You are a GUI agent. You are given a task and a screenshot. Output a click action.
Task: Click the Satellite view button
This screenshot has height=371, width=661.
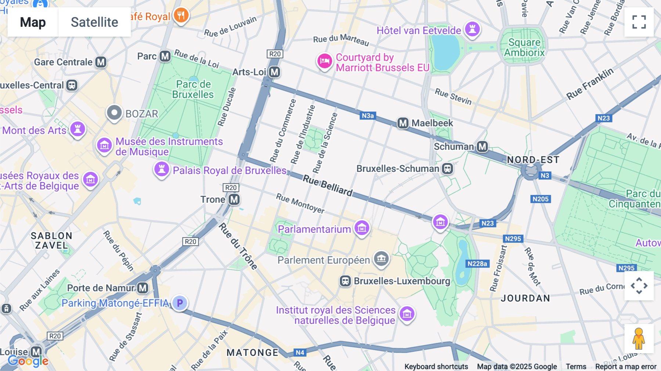(x=94, y=22)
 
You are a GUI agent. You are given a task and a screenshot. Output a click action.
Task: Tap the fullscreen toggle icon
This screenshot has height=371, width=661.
(x=639, y=22)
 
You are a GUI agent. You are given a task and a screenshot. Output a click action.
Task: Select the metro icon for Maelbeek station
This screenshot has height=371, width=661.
(x=403, y=123)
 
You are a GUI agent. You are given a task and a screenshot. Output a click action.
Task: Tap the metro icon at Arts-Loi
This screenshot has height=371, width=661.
(x=274, y=72)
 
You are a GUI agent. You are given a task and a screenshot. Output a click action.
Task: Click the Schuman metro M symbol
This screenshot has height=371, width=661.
(x=482, y=147)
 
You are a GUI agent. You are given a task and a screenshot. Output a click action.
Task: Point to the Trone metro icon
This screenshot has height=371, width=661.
(x=234, y=199)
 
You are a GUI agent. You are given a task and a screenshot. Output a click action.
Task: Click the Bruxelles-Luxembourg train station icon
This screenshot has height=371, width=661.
(x=345, y=281)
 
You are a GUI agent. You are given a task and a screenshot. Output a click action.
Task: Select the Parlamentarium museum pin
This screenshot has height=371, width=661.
(x=362, y=228)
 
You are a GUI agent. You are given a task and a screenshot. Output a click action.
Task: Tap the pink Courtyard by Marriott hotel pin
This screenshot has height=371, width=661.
(x=325, y=61)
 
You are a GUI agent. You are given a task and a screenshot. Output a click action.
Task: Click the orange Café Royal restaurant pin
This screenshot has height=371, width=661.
(x=181, y=15)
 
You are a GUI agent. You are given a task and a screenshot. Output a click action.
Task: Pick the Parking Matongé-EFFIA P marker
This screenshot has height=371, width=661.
(x=180, y=303)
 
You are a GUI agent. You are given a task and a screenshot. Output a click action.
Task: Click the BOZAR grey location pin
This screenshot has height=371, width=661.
(x=114, y=113)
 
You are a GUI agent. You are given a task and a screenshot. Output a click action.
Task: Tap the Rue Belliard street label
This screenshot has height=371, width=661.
(x=327, y=185)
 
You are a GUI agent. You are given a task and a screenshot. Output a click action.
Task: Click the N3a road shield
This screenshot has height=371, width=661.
(x=368, y=116)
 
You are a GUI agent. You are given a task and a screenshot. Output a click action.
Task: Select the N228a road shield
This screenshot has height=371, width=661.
(x=477, y=264)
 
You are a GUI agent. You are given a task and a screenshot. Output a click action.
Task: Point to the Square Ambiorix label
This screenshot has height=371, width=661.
(x=524, y=48)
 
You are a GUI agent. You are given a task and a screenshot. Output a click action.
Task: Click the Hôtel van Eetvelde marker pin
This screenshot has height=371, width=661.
(x=472, y=29)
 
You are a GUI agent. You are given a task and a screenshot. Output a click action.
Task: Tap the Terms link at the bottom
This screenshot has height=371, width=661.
(x=576, y=366)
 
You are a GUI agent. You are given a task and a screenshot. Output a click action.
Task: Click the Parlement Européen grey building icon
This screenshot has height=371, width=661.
(x=381, y=259)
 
